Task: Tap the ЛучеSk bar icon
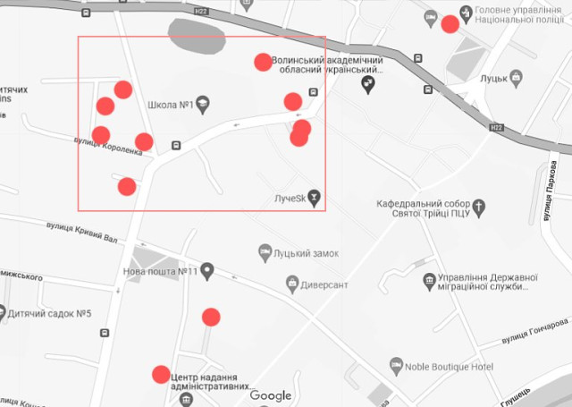pyautogui.click(x=314, y=198)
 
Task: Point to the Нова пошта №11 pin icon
pyautogui.click(x=207, y=270)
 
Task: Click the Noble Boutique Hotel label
pyautogui.click(x=452, y=367)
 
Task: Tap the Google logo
pyautogui.click(x=271, y=395)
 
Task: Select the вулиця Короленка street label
pyautogui.click(x=107, y=146)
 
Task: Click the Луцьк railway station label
pyautogui.click(x=501, y=78)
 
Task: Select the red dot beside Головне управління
pyautogui.click(x=450, y=24)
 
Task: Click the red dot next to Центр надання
pyautogui.click(x=162, y=374)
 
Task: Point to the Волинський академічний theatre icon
pyautogui.click(x=367, y=83)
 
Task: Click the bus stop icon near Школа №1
pyautogui.click(x=176, y=144)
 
